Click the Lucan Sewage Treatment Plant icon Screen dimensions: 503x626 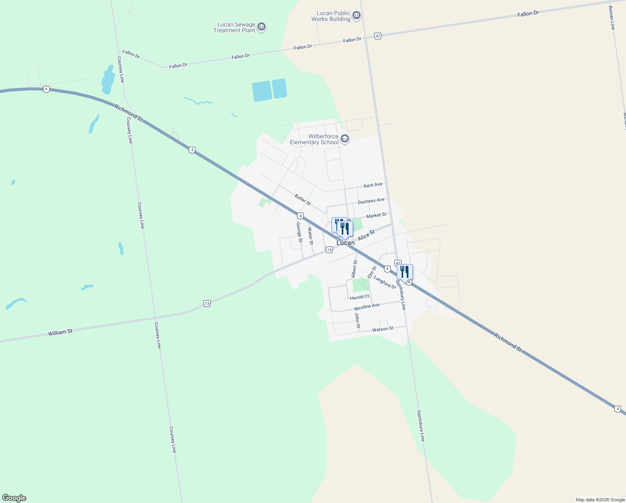click(262, 27)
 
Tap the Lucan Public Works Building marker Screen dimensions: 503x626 click(357, 16)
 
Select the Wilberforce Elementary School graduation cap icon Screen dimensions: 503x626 click(345, 139)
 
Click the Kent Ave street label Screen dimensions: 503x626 click(373, 185)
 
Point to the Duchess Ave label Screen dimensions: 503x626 click(371, 201)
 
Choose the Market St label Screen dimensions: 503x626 click(376, 215)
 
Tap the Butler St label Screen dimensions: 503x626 click(303, 200)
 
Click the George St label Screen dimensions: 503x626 click(299, 232)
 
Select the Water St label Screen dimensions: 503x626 click(310, 236)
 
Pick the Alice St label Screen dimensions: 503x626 click(366, 235)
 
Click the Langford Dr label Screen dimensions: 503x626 click(385, 282)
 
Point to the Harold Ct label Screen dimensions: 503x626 click(359, 297)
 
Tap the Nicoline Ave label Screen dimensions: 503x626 click(367, 306)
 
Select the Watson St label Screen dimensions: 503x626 click(383, 329)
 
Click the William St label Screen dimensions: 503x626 click(60, 332)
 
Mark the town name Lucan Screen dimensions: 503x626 click(346, 243)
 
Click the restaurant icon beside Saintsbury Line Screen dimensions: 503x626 click(404, 272)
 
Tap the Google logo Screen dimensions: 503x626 click(14, 498)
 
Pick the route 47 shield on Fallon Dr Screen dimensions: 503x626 click(378, 36)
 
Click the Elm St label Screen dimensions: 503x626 click(372, 272)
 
